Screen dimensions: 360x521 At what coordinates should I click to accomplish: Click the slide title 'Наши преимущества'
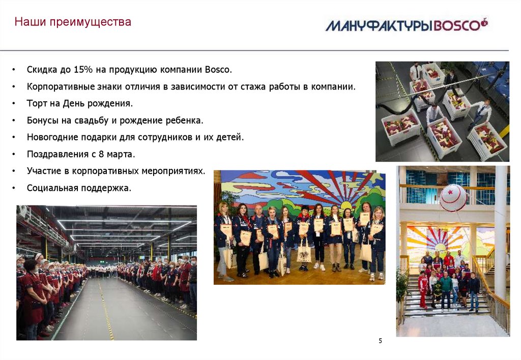tap(73, 22)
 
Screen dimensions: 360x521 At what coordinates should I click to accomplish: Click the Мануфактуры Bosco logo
tap(407, 24)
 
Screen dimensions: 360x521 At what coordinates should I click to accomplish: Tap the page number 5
tap(380, 340)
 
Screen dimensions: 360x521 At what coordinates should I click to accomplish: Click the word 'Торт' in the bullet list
tap(37, 103)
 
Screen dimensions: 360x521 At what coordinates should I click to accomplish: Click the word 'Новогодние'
tap(52, 137)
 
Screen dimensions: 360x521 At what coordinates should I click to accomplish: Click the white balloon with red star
tap(453, 197)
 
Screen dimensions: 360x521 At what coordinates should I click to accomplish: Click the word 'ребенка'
tap(185, 121)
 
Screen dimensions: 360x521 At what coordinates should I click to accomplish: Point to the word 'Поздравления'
tap(55, 154)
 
